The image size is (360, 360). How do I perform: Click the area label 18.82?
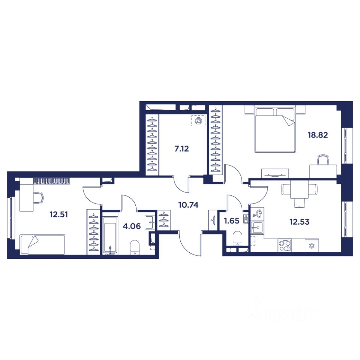point(318,135)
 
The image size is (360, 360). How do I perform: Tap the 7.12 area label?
point(181,149)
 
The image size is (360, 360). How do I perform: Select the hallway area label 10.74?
point(188,205)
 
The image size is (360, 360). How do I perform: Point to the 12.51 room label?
point(59,214)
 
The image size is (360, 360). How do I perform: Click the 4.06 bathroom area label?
point(132,226)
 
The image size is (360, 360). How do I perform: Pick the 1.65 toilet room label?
point(231,221)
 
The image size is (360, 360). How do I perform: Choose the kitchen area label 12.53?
point(300,222)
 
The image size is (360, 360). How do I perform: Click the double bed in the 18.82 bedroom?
point(275,130)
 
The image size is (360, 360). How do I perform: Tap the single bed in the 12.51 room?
point(43,244)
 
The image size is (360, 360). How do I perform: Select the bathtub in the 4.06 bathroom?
point(110,236)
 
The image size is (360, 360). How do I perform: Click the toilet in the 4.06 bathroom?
point(135,247)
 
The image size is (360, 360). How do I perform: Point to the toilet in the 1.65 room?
point(237,239)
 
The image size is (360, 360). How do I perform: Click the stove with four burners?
point(285,245)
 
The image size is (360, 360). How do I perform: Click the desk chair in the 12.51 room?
point(38,198)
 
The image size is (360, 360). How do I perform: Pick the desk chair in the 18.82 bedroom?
point(322,160)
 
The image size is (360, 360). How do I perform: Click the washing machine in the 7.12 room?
point(199,120)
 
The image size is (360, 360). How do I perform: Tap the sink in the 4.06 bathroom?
point(150,222)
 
